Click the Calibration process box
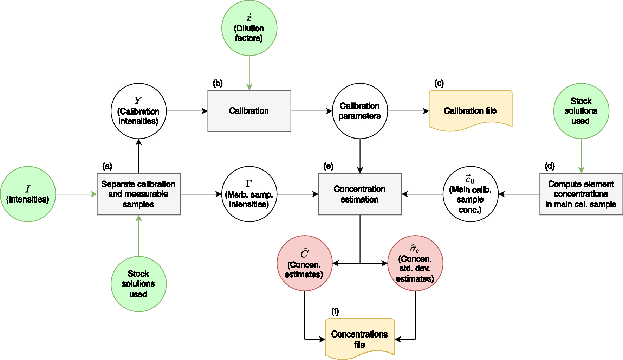click(249, 111)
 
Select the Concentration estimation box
click(360, 194)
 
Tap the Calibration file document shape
click(471, 109)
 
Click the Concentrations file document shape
click(360, 337)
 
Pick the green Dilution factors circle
click(249, 28)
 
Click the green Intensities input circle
click(28, 194)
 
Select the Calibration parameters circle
click(360, 111)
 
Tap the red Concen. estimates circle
click(304, 263)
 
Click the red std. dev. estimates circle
click(415, 263)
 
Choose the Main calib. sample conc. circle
click(471, 194)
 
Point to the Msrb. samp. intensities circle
click(249, 194)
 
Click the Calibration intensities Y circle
click(138, 111)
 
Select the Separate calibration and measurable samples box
click(138, 194)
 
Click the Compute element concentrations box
click(581, 194)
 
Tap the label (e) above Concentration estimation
click(328, 166)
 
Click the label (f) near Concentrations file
click(335, 311)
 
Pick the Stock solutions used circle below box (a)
click(138, 284)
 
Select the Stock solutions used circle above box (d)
click(581, 111)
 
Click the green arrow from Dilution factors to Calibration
click(249, 72)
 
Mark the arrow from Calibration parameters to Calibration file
click(408, 111)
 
